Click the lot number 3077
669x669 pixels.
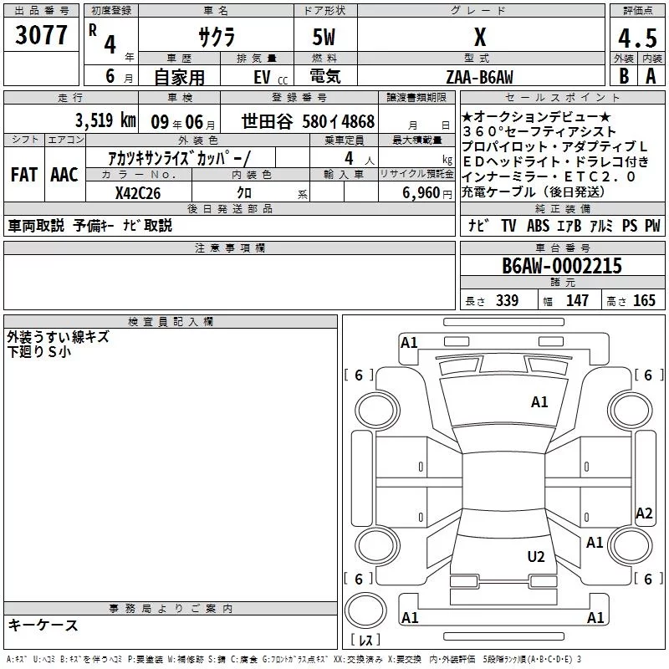coord(41,35)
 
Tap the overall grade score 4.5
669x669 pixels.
coord(637,38)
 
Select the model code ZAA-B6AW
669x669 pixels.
coord(479,77)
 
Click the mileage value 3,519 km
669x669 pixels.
coord(105,120)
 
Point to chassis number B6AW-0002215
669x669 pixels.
coord(562,266)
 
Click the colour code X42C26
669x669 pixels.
coord(138,193)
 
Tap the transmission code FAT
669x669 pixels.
coord(24,175)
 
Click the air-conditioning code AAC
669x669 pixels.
coord(64,175)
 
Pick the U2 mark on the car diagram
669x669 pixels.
coord(536,556)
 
